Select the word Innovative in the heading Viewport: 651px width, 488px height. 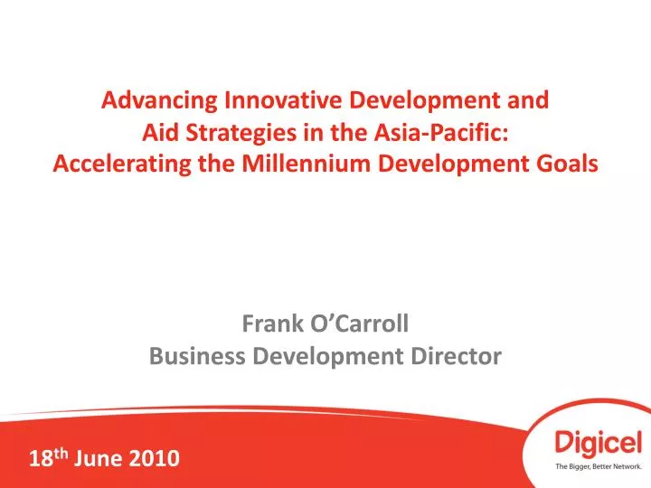pyautogui.click(x=267, y=100)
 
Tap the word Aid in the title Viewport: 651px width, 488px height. pyautogui.click(x=160, y=132)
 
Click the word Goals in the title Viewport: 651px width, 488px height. pyautogui.click(x=569, y=164)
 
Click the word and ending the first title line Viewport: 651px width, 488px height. pyautogui.click(x=530, y=100)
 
